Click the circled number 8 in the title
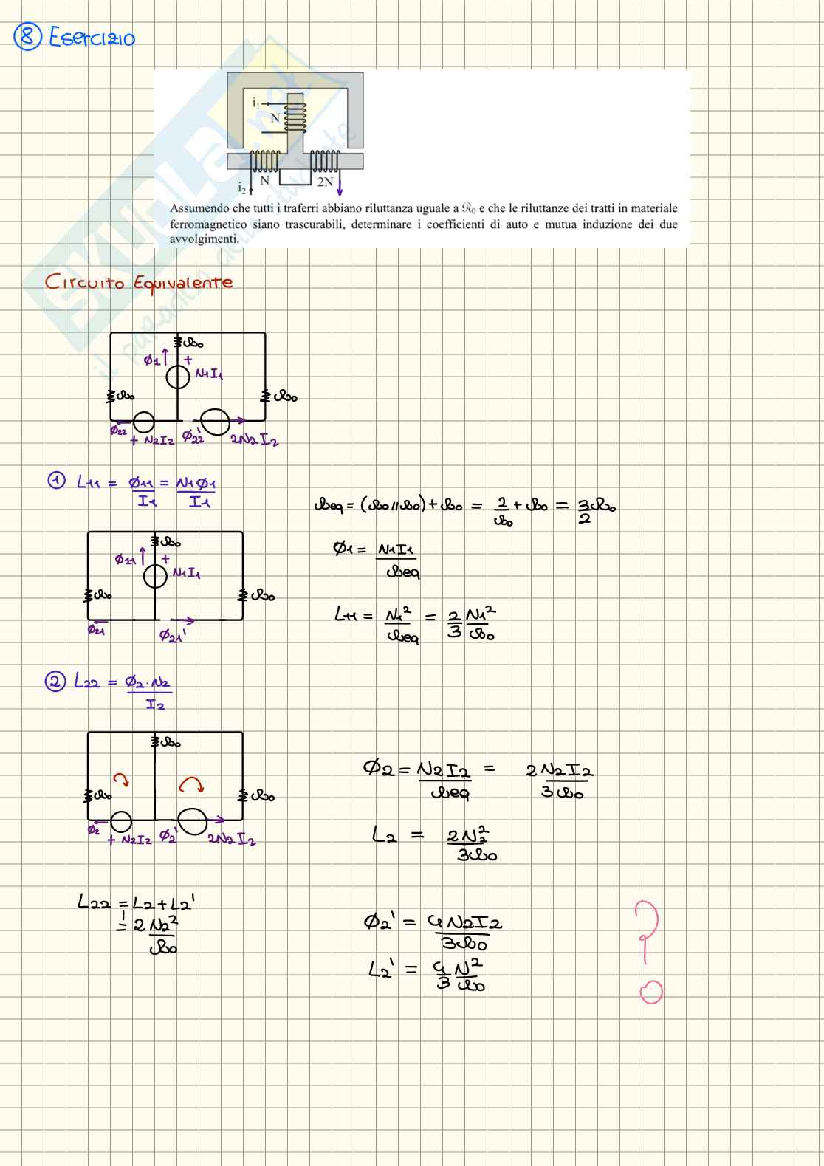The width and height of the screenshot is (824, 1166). (x=28, y=37)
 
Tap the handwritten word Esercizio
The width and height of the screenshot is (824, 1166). (x=92, y=38)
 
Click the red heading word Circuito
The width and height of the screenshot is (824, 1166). (x=84, y=283)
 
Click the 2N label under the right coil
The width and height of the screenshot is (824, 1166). (x=325, y=182)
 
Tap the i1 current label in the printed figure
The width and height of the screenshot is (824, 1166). (x=255, y=103)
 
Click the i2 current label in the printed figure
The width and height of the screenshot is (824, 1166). (x=241, y=188)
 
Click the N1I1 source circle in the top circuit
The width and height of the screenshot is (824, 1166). (x=178, y=377)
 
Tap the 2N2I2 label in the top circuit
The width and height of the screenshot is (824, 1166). (x=254, y=440)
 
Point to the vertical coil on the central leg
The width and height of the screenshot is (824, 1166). (x=296, y=117)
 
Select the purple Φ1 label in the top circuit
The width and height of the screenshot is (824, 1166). (x=153, y=360)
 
